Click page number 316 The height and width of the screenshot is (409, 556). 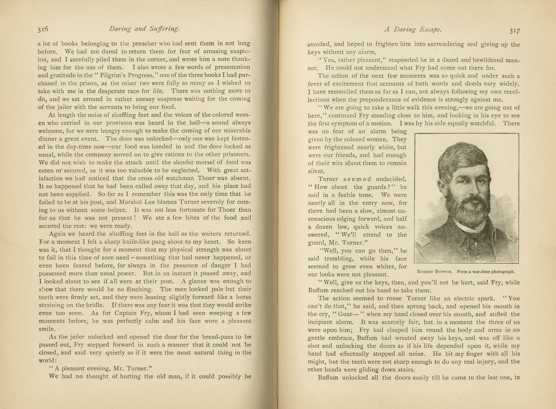(43, 29)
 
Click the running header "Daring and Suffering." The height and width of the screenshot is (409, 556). (144, 29)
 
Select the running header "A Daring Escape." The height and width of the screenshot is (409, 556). (413, 29)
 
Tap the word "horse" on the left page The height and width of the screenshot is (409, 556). (243, 297)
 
